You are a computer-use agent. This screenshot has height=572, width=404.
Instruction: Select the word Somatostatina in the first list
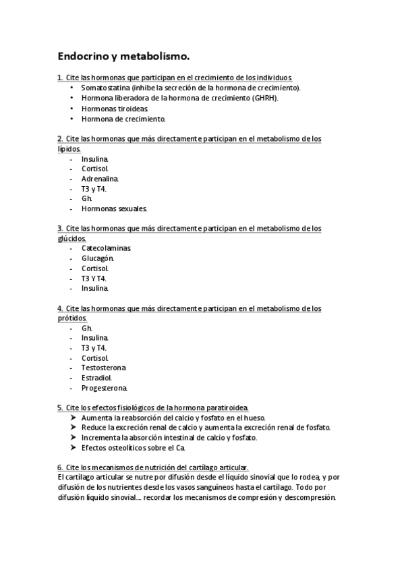(x=106, y=88)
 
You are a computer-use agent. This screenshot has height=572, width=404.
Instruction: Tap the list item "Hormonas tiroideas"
(x=115, y=108)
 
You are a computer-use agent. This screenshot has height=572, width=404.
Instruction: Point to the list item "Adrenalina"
(x=100, y=179)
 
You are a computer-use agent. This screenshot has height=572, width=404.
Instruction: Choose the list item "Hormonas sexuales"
(x=114, y=209)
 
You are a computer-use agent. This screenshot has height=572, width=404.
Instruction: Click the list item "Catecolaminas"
(x=106, y=248)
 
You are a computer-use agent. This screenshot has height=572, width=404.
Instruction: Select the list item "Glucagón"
(x=98, y=258)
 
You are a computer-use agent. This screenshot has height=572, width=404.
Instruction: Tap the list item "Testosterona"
(x=103, y=368)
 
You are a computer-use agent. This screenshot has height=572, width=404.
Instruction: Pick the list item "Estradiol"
(x=96, y=378)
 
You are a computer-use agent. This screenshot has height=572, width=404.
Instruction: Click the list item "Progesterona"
(x=104, y=388)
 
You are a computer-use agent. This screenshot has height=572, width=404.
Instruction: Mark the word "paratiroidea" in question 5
(x=226, y=407)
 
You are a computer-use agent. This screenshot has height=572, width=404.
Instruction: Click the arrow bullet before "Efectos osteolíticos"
(x=73, y=447)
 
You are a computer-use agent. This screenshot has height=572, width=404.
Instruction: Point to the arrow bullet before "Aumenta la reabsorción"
(x=73, y=418)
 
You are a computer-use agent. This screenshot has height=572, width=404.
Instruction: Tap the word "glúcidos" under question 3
(x=71, y=238)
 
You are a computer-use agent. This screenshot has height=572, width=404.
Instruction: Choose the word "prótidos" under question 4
(x=72, y=318)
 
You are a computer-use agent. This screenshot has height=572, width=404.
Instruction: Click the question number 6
(x=60, y=467)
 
